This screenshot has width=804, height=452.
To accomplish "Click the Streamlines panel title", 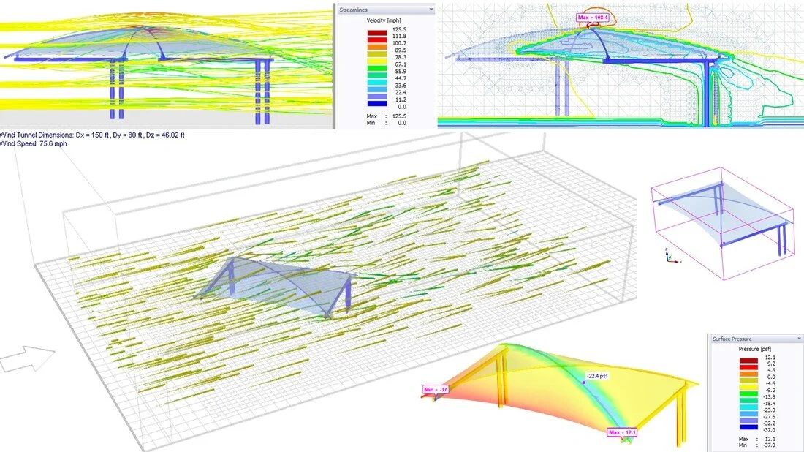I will click(x=358, y=10).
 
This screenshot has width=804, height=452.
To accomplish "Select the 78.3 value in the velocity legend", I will click(x=398, y=56).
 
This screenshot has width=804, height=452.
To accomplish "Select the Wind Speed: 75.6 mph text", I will click(x=29, y=144).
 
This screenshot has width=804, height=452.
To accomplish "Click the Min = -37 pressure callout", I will click(x=435, y=390).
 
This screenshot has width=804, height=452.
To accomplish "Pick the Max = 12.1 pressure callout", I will click(x=622, y=432).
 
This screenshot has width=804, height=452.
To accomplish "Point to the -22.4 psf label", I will click(x=599, y=377).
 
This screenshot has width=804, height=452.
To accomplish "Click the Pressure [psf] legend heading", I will click(x=754, y=350).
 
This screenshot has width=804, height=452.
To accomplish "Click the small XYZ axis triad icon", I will click(x=670, y=255).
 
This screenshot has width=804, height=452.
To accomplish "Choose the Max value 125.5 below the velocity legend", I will click(x=398, y=116).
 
